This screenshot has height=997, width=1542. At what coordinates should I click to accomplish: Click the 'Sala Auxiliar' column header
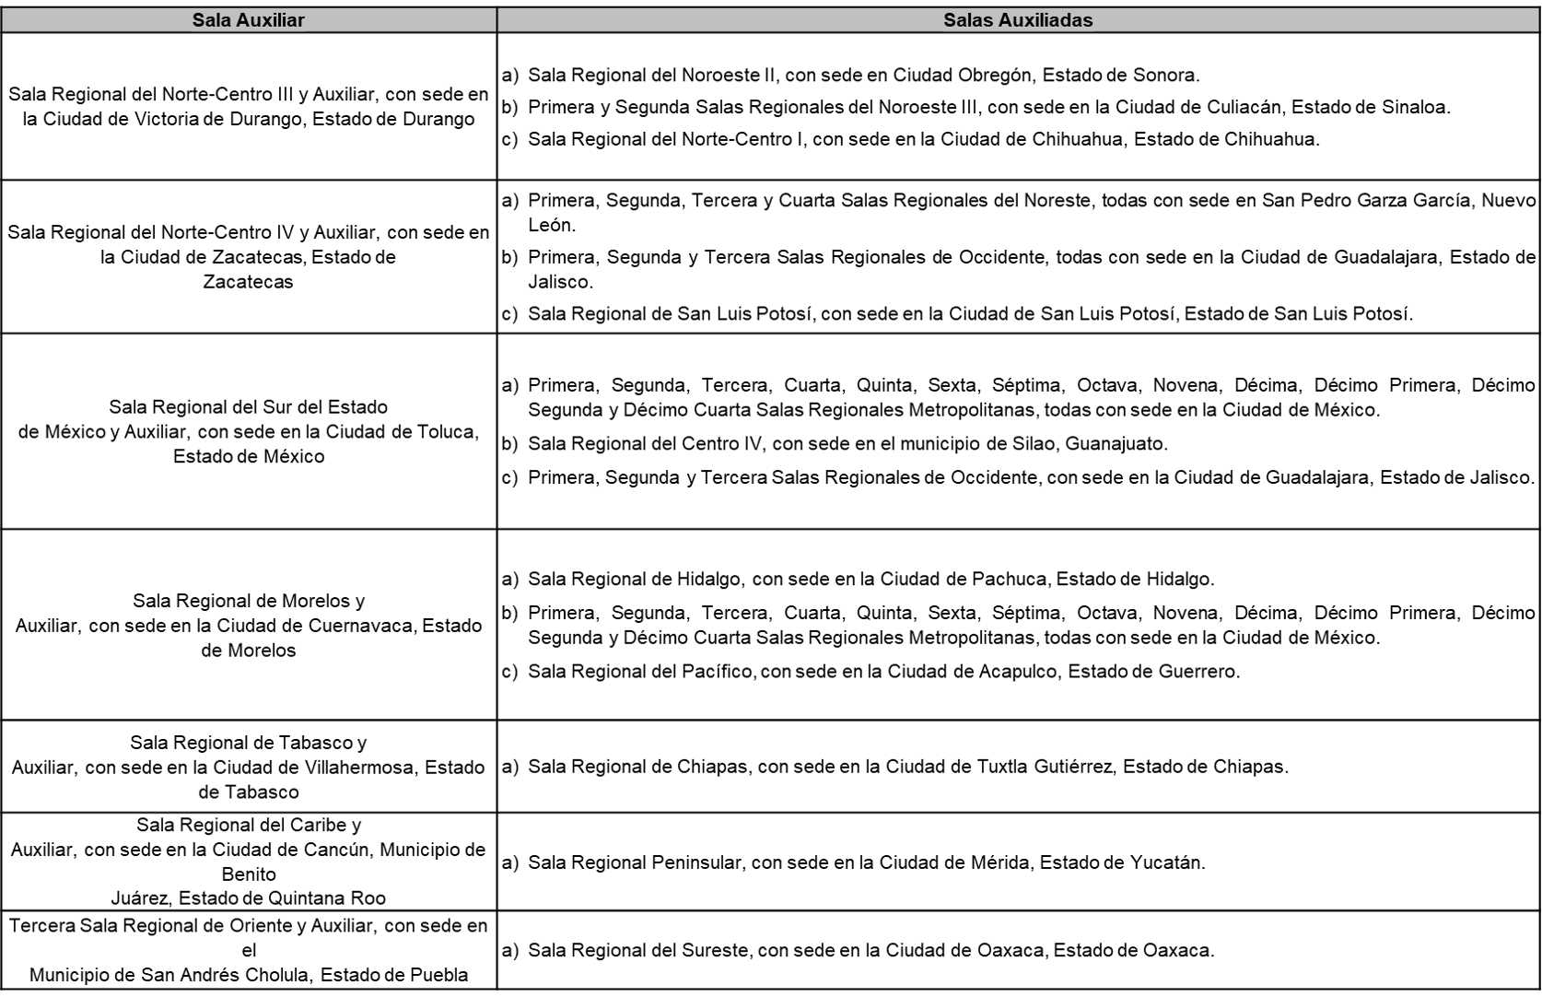click(248, 20)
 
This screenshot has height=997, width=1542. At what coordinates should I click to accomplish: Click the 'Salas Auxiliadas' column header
click(1018, 20)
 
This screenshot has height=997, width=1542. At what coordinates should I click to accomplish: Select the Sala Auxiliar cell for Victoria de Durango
click(249, 107)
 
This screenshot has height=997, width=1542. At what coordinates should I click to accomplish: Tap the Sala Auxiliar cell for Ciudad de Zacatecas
click(249, 257)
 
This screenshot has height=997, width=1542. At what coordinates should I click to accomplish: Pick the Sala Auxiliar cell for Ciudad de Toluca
click(249, 431)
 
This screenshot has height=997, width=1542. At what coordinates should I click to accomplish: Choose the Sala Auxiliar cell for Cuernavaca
click(249, 625)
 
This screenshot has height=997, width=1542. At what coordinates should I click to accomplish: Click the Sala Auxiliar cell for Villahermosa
click(249, 767)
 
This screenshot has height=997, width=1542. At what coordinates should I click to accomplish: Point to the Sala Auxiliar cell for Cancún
click(249, 861)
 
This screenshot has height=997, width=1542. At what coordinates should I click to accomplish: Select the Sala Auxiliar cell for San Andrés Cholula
click(249, 949)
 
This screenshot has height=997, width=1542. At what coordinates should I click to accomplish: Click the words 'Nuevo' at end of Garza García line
click(1508, 200)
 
